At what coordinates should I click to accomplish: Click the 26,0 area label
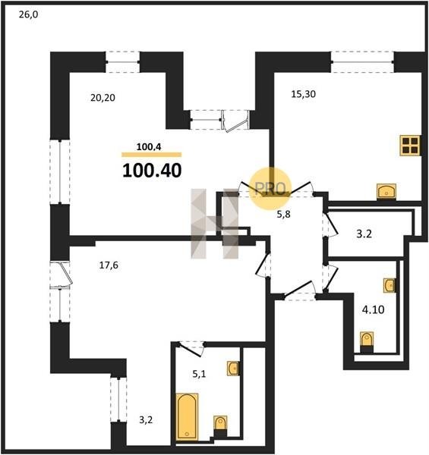pos(28,14)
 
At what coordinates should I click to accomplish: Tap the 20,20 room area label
pos(103,98)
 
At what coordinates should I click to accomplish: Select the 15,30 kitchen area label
pos(304,94)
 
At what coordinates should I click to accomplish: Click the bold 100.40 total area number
pos(152,171)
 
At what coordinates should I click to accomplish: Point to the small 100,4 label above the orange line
pos(149,147)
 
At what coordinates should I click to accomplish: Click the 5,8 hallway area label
pos(283,215)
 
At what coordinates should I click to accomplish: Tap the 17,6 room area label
pos(109,265)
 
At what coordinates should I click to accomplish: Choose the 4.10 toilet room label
pos(374,309)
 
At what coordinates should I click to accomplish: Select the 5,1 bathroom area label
pos(199,374)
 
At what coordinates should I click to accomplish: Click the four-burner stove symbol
pos(410,146)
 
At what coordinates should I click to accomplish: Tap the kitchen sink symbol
pos(386,192)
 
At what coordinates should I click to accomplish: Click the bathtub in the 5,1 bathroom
pos(187,416)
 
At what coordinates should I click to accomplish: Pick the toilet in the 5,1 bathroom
pos(220,426)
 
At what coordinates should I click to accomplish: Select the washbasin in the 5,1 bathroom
pos(233,369)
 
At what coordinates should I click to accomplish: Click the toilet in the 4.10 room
pos(367,342)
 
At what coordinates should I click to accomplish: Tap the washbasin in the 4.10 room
pos(390,286)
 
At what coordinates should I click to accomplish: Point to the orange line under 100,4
pos(152,155)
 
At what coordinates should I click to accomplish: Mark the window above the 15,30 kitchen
pos(362,62)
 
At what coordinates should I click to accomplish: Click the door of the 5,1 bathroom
pos(189,349)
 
